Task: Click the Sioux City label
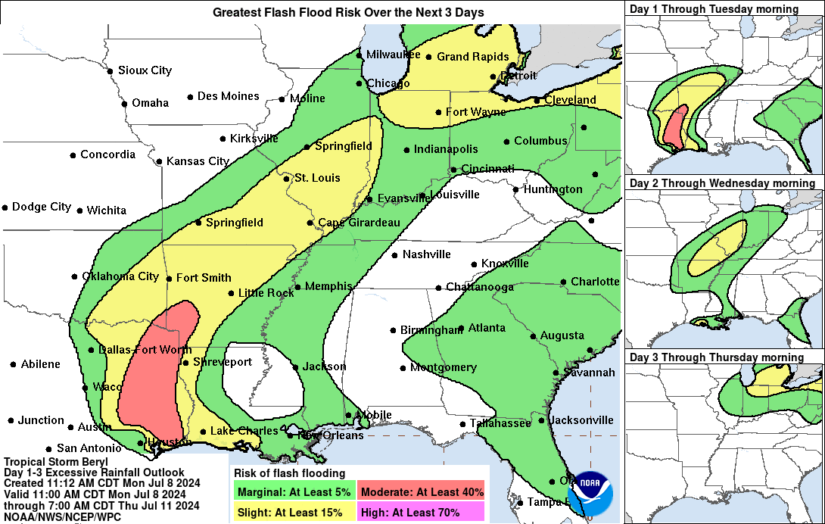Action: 145,70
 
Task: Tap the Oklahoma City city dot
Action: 75,277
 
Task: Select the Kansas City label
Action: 198,161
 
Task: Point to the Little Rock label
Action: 266,293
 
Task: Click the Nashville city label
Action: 426,254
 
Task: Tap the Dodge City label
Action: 42,207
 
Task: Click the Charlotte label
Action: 595,282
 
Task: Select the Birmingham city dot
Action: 394,330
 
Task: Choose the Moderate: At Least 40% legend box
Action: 422,491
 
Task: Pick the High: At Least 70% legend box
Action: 422,512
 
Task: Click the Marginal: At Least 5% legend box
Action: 294,491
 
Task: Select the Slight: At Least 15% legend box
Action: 294,512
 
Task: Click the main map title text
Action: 348,13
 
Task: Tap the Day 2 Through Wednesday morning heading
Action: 722,183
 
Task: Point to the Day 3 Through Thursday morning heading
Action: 717,357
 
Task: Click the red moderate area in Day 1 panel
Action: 674,126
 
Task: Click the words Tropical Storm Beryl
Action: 56,462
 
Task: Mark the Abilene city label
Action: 41,364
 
